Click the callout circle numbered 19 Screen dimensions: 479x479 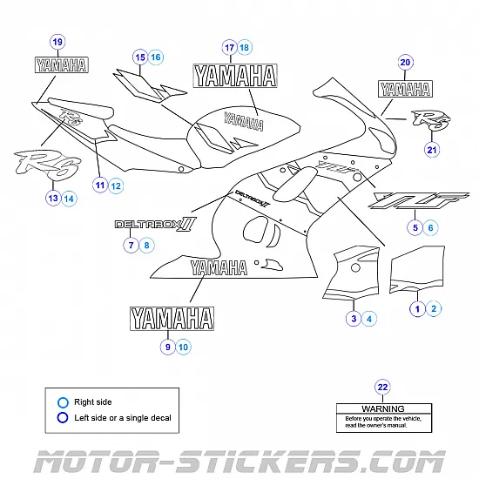pos(58,42)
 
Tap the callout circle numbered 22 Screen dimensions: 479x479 pos(382,387)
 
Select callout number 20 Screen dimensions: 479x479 pos(405,62)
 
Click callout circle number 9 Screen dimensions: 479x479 pos(167,347)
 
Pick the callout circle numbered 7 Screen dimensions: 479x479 pos(131,246)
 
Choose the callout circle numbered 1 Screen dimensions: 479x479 pos(417,308)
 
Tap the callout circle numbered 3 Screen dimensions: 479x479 pos(354,319)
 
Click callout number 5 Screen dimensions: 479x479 pos(415,227)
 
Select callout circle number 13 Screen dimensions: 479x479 pos(52,199)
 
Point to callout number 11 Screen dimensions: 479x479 pos(100,185)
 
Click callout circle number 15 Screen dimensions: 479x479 pos(139,57)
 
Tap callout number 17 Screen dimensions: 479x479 pos(229,47)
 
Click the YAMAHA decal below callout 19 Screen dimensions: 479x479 pos(59,64)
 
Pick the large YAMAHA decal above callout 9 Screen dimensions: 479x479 pos(172,318)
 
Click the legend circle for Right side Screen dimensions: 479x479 pos(62,402)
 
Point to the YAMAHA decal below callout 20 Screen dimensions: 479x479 pos(405,87)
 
